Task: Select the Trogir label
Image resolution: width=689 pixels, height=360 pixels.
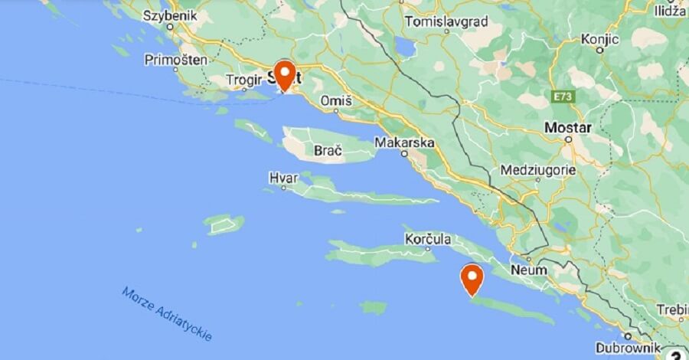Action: click(245, 79)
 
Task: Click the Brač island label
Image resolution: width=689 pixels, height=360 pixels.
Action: click(328, 152)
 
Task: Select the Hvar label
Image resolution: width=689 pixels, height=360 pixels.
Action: click(283, 178)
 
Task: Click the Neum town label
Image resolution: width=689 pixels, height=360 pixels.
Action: click(529, 270)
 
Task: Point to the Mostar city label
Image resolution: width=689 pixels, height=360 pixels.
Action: click(567, 127)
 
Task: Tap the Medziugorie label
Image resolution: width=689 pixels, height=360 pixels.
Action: click(537, 169)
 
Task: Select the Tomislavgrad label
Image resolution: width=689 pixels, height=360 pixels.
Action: click(446, 21)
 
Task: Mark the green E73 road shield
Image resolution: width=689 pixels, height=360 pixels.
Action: click(563, 97)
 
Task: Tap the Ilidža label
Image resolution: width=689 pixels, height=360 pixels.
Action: click(671, 11)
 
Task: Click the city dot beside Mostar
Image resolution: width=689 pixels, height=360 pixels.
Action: click(568, 140)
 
